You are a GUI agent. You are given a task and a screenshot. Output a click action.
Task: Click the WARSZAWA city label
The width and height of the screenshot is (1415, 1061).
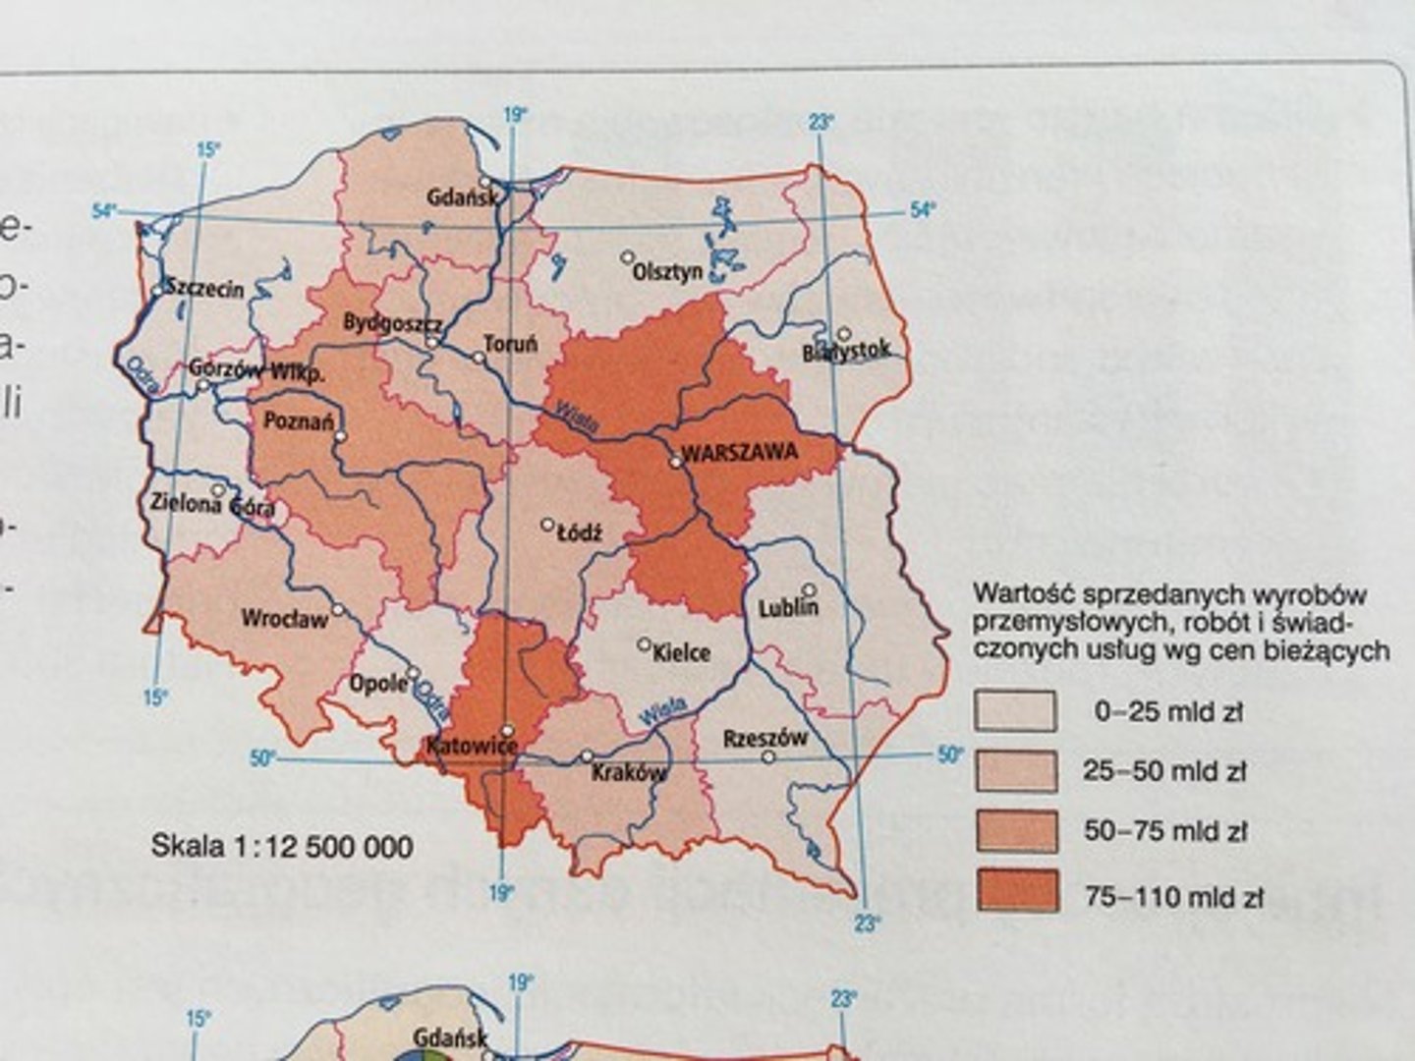point(740,454)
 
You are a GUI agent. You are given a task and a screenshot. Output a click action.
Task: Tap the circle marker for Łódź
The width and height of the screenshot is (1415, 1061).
point(548,525)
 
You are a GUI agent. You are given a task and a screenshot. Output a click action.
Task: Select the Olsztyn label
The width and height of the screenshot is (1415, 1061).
point(668,271)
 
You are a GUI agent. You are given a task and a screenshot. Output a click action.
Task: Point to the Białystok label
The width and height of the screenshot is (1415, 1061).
point(846,351)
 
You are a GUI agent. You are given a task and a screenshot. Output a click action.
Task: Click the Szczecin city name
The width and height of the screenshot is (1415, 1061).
point(204,288)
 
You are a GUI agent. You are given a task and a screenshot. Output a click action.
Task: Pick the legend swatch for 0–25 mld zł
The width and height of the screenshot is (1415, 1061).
point(1015,711)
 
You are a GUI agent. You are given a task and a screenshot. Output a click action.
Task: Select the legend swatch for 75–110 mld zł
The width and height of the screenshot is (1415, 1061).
point(1017,891)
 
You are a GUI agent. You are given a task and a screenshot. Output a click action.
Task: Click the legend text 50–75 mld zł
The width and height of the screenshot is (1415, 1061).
point(1165,831)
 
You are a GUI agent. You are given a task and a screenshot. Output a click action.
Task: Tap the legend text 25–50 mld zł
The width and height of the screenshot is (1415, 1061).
point(1164,771)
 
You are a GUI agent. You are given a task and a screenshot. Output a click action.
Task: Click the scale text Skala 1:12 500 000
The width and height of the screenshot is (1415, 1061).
point(282,847)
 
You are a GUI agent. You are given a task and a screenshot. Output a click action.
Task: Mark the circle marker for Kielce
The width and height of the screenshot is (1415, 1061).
point(645,644)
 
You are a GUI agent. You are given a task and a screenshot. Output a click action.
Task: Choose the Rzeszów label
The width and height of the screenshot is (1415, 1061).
point(765,739)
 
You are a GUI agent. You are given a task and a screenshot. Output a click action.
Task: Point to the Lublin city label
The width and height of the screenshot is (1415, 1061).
point(788,609)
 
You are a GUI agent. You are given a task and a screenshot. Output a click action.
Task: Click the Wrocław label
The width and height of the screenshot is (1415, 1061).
point(284,619)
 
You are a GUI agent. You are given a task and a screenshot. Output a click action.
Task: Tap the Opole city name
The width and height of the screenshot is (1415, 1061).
point(378,683)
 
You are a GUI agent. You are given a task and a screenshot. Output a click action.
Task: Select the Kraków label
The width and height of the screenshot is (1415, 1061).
point(629,773)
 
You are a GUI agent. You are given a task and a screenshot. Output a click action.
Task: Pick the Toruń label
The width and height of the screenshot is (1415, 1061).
point(511,345)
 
